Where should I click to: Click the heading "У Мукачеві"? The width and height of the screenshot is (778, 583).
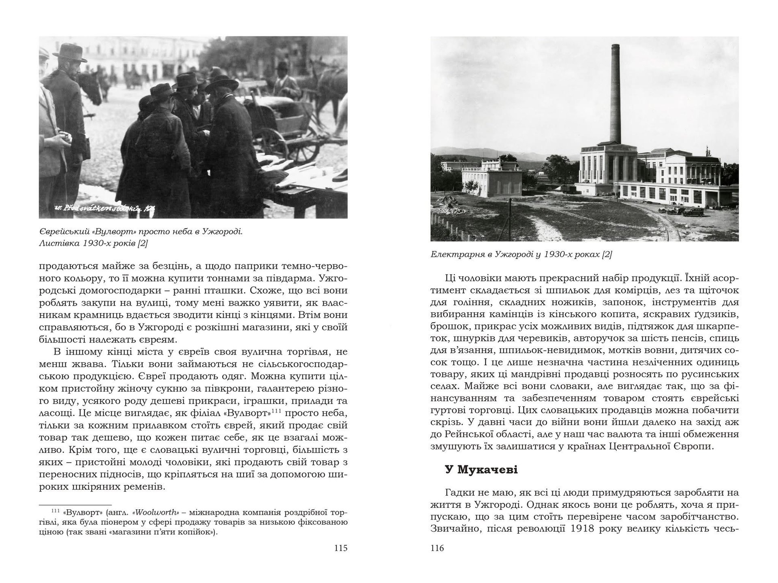pyautogui.click(x=481, y=470)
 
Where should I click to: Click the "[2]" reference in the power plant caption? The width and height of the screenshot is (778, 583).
pyautogui.click(x=607, y=255)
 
